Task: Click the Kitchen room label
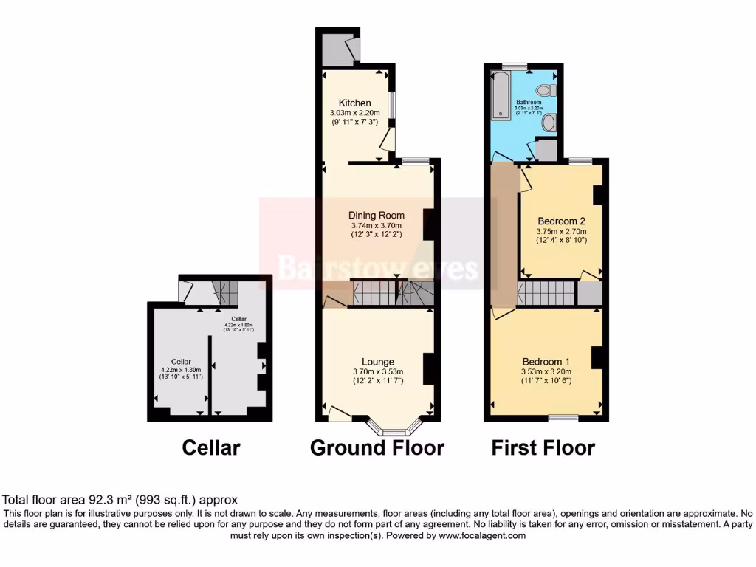[354, 103]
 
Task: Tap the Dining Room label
[377, 216]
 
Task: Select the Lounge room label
[377, 362]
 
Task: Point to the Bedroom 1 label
[546, 361]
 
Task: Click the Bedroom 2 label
[561, 221]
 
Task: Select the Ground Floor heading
[377, 447]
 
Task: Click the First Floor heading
[543, 447]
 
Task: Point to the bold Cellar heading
[211, 447]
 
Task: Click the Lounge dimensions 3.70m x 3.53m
[377, 372]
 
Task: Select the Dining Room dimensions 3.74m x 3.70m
[377, 226]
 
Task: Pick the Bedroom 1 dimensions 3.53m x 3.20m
[546, 371]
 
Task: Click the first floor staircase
[546, 293]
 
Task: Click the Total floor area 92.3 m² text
[120, 500]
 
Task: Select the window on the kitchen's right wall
[392, 105]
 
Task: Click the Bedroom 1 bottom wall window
[563, 419]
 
